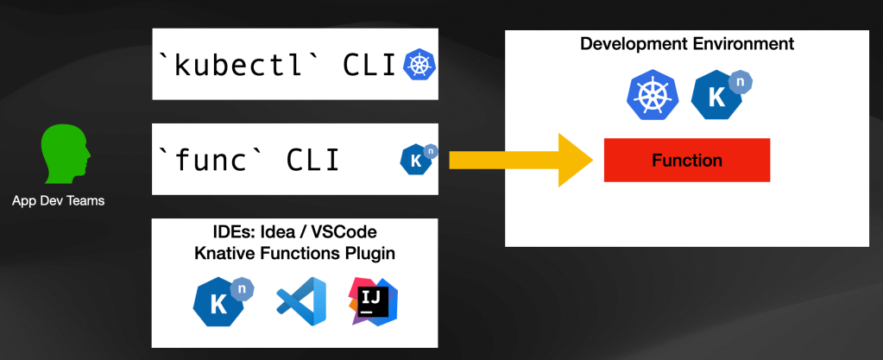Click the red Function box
686,161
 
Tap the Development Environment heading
686,43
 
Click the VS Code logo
301,301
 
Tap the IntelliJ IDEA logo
374,301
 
